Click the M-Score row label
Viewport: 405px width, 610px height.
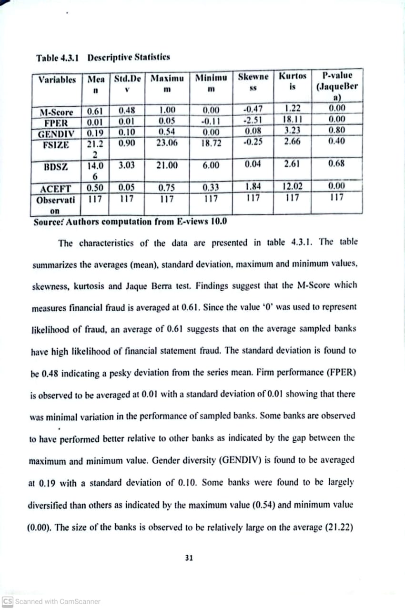56,113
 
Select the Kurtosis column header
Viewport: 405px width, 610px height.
292,81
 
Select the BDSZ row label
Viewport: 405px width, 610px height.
55,167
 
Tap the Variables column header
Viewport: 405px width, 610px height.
57,80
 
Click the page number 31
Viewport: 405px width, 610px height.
189,558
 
